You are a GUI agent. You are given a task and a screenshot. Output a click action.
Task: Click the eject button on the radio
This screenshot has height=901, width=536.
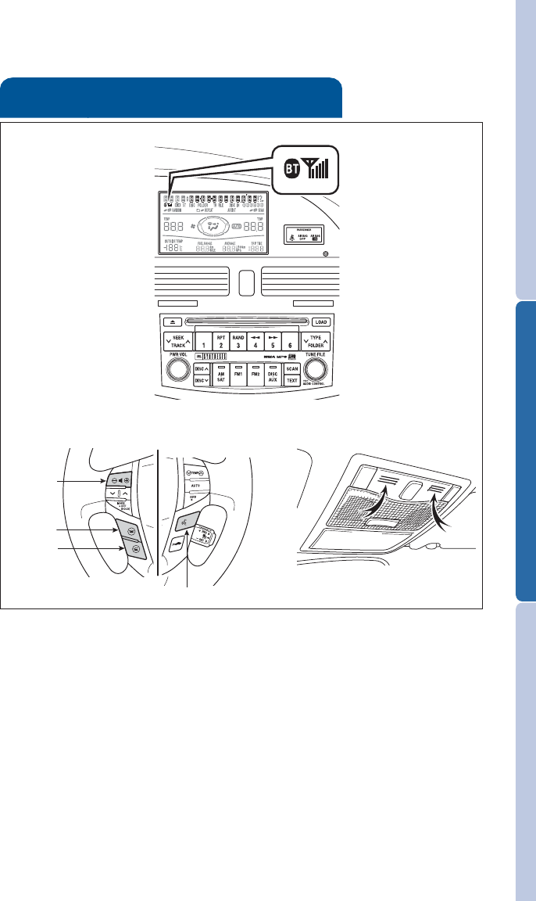coord(173,321)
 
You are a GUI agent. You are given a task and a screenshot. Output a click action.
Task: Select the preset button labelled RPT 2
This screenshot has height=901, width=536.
coord(221,340)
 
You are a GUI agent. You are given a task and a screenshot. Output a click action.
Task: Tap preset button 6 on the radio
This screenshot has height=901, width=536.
coord(292,341)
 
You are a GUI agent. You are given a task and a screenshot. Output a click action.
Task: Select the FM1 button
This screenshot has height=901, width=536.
coord(238,375)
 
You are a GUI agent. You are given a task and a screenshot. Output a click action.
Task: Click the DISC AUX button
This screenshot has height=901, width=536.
coord(272,375)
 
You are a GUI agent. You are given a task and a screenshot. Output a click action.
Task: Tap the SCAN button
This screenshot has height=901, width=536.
coord(292,368)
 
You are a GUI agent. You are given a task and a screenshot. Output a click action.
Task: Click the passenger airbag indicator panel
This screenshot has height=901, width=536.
coord(310,235)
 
